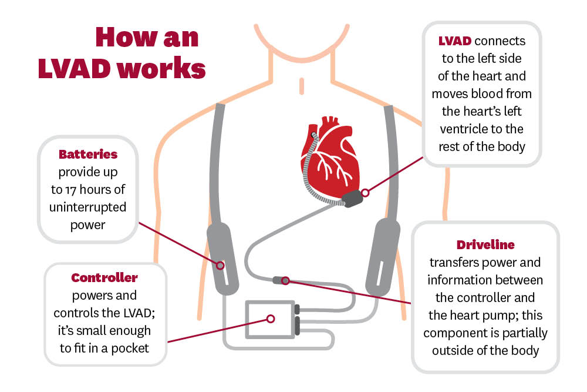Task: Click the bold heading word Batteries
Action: click(x=88, y=155)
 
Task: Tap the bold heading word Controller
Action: click(x=104, y=277)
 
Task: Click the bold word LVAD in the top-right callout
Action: click(x=456, y=42)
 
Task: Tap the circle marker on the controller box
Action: click(x=271, y=319)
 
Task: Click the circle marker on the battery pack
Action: click(x=220, y=265)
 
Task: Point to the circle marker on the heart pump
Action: click(x=365, y=192)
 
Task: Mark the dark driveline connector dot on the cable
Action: click(x=286, y=280)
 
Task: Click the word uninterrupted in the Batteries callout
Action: click(x=88, y=208)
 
